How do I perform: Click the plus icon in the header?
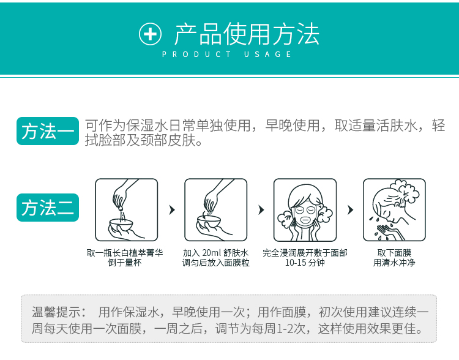coord(150,34)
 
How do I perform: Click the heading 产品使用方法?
coord(247,34)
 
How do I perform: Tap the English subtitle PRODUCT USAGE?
coord(226,54)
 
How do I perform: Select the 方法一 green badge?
coord(48,131)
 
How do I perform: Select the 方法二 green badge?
coord(48,208)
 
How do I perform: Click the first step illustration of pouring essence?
coord(127,210)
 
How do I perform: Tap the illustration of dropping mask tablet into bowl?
coord(216,210)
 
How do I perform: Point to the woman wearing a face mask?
coord(305,210)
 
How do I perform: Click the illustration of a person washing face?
coord(394,210)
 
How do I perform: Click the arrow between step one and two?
coord(172,210)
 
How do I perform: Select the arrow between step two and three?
coord(261,210)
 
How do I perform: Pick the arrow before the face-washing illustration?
coord(351,210)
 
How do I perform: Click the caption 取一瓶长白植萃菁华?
coord(125,253)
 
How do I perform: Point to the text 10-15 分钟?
coord(305,263)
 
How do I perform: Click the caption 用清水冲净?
coord(394,263)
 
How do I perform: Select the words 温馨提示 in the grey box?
coord(56,312)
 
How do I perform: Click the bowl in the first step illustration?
coord(121,225)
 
